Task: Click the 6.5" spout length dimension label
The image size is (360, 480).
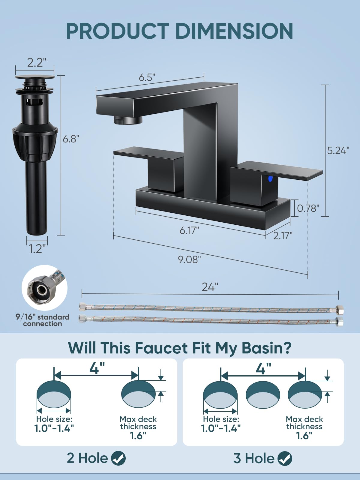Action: point(147,77)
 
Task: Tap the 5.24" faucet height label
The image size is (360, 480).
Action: point(338,151)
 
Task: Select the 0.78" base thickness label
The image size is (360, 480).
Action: point(308,208)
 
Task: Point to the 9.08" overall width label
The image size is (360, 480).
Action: point(189,259)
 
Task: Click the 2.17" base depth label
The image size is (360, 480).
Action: point(283,236)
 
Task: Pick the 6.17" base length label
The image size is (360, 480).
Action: point(189,230)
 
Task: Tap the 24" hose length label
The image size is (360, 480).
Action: point(210,287)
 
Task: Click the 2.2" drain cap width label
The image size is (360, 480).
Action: point(37,62)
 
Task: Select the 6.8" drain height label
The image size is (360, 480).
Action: point(71,139)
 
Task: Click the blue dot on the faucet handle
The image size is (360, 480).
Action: point(271,179)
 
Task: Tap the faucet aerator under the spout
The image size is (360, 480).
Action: point(128,120)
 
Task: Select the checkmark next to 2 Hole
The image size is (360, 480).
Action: point(118,458)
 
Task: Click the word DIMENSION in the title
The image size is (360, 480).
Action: point(234,31)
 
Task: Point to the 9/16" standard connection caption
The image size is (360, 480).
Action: point(42,320)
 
